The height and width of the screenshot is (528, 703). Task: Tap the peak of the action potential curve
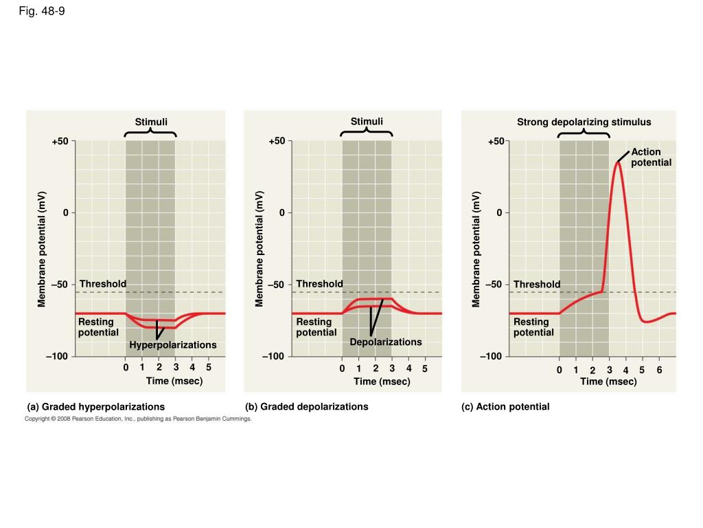point(618,163)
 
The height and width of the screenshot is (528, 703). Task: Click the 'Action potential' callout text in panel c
point(651,157)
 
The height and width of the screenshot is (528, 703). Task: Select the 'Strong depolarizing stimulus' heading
point(584,122)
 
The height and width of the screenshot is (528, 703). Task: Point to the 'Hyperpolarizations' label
point(173,345)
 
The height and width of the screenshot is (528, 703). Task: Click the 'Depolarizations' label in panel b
point(386,342)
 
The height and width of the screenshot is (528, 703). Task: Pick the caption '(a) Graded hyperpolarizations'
point(96,407)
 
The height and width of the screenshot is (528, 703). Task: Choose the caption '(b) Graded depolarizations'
point(307,407)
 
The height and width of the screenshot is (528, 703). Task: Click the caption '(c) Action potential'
point(505,407)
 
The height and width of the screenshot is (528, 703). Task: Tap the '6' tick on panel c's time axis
point(659,370)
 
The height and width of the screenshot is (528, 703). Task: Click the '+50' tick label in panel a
point(60,142)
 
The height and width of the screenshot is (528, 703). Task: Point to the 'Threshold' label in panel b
point(319,284)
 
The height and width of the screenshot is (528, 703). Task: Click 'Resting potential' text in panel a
point(98,327)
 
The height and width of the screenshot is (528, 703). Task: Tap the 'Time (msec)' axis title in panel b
point(382,382)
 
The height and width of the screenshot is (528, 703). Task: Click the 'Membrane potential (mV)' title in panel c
point(476,249)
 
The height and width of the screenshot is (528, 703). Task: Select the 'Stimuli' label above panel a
point(151,122)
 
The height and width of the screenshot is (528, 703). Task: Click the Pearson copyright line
point(138,418)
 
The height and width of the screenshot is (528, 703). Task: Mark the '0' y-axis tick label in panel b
point(281,213)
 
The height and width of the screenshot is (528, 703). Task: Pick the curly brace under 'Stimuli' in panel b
point(367,133)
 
